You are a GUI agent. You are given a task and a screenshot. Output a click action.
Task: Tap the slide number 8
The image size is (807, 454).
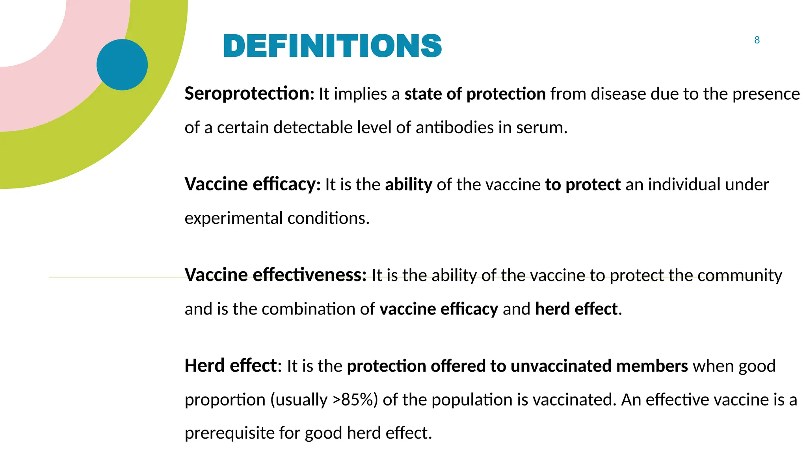(x=757, y=40)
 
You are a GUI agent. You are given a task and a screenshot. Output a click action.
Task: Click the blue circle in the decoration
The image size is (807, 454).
(x=122, y=65)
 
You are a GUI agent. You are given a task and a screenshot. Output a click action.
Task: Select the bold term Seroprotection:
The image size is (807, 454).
(x=249, y=94)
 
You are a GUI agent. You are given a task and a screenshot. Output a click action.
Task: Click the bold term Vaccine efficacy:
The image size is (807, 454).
(x=253, y=184)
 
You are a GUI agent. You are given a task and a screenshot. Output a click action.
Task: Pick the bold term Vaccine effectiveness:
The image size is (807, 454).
(x=275, y=275)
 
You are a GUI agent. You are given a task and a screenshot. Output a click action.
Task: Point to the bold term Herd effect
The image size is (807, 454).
(x=231, y=366)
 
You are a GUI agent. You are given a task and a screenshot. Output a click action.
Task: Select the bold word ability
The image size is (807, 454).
(x=409, y=184)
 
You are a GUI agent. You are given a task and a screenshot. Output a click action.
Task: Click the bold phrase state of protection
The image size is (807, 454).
(x=475, y=94)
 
